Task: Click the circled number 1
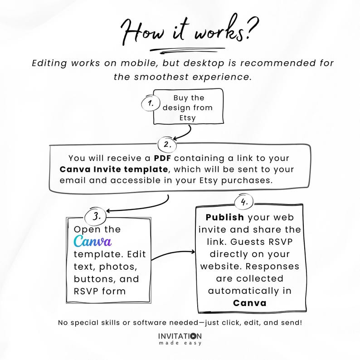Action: coord(151,103)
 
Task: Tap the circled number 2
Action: coord(167,145)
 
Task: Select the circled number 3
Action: coord(96,217)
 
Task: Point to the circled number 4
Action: coord(244,202)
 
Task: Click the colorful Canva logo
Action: coord(92,241)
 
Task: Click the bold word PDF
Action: coord(162,158)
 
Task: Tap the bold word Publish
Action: coord(224,218)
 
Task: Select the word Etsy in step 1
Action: coord(187,118)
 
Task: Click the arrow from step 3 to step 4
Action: coord(173,254)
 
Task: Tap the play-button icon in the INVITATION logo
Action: coord(193,336)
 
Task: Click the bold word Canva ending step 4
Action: coord(249,303)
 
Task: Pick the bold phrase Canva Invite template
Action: coord(114,170)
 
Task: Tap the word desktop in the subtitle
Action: coord(204,63)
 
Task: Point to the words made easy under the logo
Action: coord(180,343)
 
